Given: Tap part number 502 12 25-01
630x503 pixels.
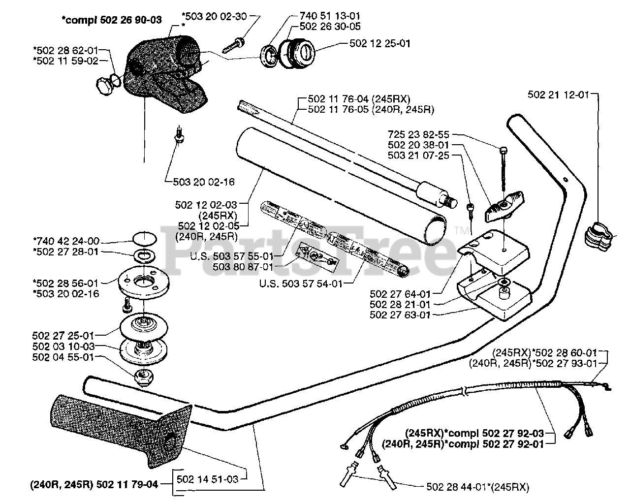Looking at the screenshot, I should (379, 43).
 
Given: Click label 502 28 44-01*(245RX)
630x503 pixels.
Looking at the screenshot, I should (476, 487).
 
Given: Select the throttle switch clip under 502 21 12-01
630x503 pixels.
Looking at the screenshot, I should (598, 235).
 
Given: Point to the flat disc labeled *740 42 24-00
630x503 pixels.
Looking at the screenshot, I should (143, 240).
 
